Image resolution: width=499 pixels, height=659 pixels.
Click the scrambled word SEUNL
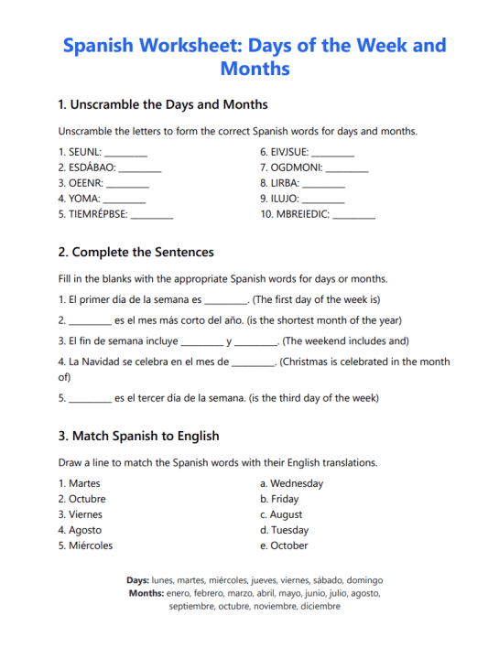click(84, 152)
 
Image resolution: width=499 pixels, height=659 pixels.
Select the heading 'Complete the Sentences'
click(142, 252)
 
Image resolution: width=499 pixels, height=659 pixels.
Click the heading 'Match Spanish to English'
click(145, 436)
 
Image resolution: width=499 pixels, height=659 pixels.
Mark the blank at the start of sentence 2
click(91, 321)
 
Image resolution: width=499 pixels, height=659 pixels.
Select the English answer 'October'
click(289, 546)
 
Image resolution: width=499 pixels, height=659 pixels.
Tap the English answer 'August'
click(287, 514)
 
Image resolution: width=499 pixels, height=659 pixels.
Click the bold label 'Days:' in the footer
click(137, 580)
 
